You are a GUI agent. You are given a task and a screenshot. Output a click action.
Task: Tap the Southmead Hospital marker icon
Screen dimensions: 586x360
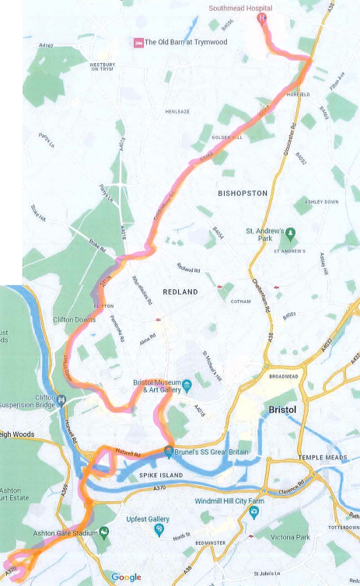(x=263, y=17)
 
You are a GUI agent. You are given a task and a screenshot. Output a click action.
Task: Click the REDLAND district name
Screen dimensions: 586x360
(x=180, y=291)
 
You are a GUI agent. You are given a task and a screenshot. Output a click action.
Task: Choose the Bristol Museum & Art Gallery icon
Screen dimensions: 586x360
(x=187, y=385)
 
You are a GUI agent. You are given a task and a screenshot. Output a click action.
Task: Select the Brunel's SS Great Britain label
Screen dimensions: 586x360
(x=206, y=451)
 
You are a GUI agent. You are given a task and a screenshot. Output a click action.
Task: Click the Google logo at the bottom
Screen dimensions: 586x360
(x=126, y=577)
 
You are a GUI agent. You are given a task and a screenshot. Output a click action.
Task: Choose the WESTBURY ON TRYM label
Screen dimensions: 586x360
(x=103, y=68)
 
